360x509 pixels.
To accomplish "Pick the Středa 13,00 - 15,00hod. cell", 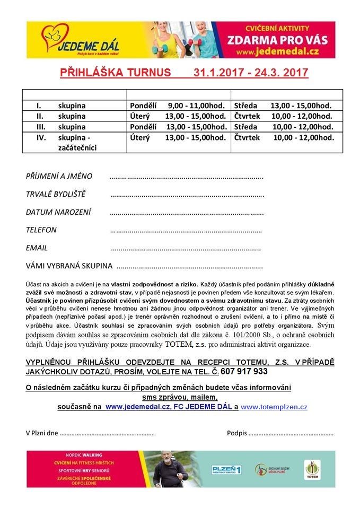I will point(283,106).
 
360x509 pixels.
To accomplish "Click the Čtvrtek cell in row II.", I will point(283,116).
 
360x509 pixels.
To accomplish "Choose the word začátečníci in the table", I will point(77,147).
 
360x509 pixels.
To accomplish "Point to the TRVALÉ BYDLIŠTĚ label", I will point(56,194).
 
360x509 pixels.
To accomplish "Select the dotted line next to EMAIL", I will point(186,248).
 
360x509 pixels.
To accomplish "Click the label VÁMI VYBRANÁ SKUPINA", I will point(69,266).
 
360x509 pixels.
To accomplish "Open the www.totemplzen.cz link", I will point(274,407).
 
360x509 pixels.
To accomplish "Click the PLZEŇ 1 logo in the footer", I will point(226,470).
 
